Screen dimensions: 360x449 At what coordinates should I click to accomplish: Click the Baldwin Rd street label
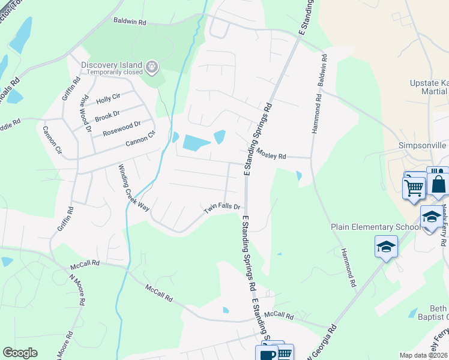click(130, 21)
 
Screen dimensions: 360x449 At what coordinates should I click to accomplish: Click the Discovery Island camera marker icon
click(152, 66)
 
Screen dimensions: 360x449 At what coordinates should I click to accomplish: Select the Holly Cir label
click(109, 99)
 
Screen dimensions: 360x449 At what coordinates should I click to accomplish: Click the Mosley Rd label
click(271, 155)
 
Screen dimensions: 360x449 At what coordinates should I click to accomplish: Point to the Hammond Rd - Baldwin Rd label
click(318, 93)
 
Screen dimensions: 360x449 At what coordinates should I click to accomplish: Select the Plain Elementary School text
click(376, 227)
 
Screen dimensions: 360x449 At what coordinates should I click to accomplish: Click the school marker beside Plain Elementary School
click(386, 246)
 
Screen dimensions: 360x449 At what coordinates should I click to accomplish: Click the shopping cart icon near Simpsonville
click(414, 187)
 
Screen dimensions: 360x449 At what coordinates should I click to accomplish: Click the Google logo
click(20, 353)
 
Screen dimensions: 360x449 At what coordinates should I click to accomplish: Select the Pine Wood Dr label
click(85, 113)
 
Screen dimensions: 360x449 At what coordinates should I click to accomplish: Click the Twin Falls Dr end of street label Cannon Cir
click(140, 142)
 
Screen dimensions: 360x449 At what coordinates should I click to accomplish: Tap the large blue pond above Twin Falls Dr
click(197, 142)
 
